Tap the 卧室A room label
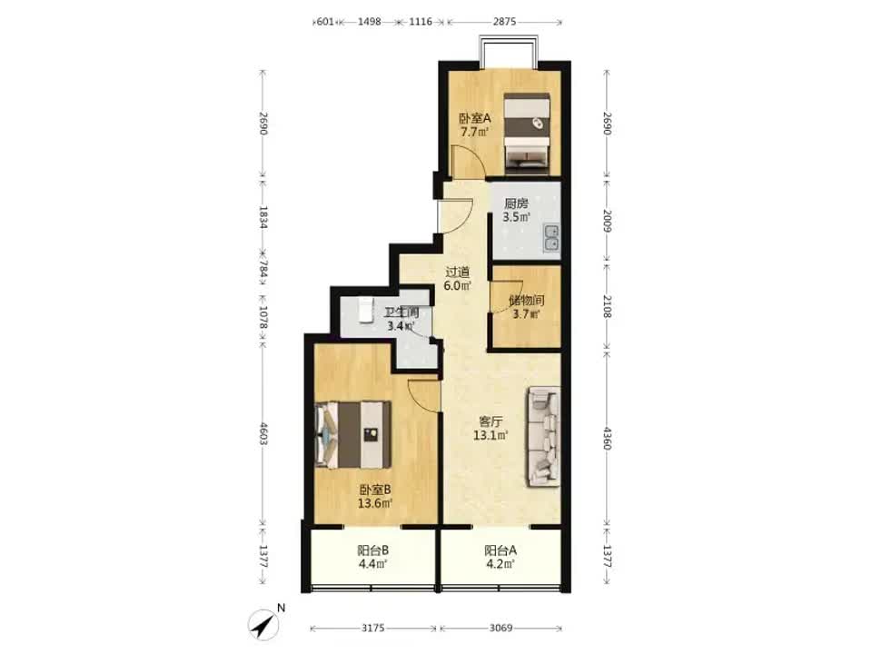click(475, 118)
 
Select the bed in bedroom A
click(527, 132)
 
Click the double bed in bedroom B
click(353, 434)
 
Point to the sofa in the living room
click(543, 437)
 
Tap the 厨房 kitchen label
click(516, 203)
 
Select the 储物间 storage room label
click(526, 301)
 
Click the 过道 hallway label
click(458, 272)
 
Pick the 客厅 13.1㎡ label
click(490, 428)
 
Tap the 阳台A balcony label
click(500, 550)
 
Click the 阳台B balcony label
click(373, 550)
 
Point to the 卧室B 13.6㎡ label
click(375, 497)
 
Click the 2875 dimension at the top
click(504, 22)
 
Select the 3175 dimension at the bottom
click(373, 628)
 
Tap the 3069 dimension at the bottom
click(500, 628)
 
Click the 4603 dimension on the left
click(263, 434)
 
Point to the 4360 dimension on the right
click(608, 438)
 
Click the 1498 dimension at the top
click(370, 22)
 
